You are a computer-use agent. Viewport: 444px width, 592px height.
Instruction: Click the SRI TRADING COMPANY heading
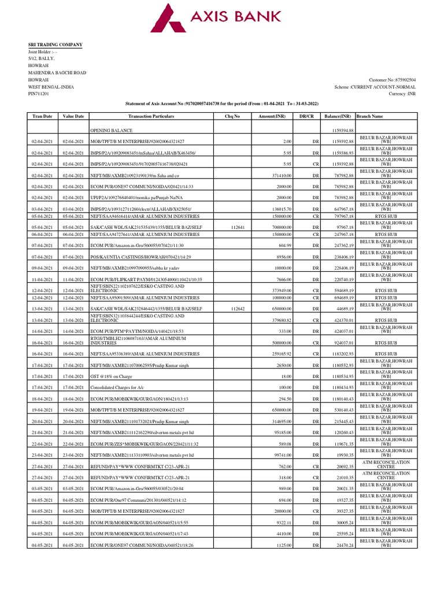(x=55, y=45)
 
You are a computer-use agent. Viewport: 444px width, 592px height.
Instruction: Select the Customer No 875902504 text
(x=391, y=80)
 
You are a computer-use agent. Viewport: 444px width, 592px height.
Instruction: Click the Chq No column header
(x=232, y=116)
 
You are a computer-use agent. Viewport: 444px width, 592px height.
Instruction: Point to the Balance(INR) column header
(x=339, y=116)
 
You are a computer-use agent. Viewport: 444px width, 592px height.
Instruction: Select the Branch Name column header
(x=370, y=116)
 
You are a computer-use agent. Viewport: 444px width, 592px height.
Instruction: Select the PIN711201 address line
(x=39, y=94)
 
